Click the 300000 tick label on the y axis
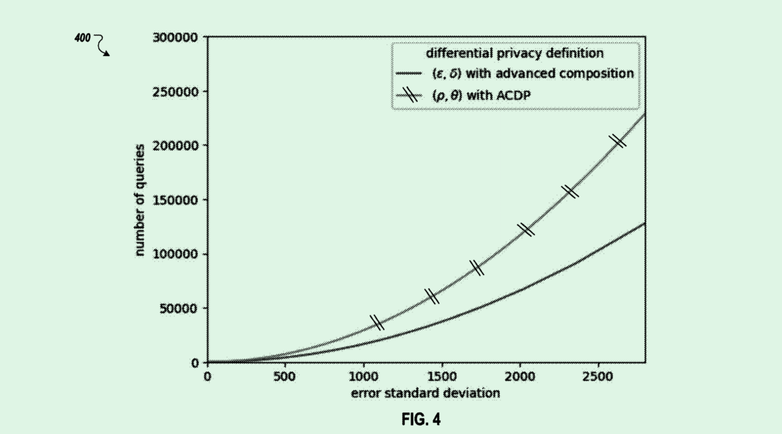175,38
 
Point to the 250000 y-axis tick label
175,92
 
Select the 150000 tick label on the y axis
175,200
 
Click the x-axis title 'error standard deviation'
426,392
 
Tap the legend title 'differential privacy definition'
514,52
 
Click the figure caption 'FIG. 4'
421,420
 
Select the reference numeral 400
83,38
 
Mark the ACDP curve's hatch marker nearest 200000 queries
617,140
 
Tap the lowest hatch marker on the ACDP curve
377,322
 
